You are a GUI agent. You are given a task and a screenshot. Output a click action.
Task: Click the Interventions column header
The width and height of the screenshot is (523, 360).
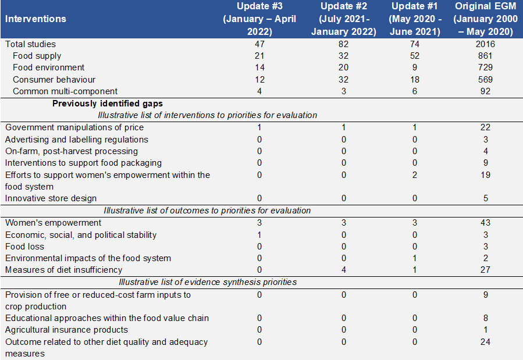coord(35,19)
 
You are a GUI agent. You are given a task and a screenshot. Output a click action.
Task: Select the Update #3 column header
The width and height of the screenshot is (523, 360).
coord(259,19)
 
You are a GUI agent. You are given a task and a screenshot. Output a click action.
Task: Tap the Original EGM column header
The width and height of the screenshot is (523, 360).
coord(485,19)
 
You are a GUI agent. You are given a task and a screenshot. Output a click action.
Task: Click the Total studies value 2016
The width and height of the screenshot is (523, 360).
coord(485,44)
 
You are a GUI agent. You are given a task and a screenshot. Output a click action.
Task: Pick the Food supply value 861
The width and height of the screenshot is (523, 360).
coord(485,56)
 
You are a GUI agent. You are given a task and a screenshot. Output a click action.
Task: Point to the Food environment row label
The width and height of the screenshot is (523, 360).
coord(49,67)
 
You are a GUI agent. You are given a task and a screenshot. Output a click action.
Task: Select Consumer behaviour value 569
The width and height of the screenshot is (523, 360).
coord(485,79)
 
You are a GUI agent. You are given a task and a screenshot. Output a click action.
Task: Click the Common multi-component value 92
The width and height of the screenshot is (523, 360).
coord(485,91)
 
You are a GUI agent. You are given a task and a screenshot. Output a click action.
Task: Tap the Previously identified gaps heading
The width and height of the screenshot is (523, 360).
coord(108,104)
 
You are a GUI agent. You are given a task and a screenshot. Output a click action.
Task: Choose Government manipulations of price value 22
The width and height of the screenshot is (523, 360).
coord(485,127)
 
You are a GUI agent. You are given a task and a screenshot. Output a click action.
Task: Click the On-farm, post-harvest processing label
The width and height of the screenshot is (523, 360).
coord(72,151)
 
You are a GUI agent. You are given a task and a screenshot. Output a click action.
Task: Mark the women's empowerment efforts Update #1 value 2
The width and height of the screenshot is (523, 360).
coord(415,175)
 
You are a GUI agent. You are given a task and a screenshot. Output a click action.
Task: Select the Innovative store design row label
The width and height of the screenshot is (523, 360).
coord(51,198)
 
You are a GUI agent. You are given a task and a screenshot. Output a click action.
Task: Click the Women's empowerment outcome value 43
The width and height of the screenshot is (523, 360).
coord(485,223)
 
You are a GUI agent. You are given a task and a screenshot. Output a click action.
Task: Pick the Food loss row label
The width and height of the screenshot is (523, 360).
coord(24,247)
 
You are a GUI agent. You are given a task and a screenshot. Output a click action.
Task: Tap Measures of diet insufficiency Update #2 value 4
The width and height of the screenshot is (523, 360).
coord(344,270)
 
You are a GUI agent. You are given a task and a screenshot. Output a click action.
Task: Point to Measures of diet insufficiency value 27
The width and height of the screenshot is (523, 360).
coord(485,270)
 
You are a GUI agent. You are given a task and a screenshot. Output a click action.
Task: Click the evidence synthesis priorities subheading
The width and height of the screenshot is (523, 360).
coord(208,282)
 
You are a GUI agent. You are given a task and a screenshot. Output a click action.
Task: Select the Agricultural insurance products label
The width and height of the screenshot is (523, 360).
coord(66,330)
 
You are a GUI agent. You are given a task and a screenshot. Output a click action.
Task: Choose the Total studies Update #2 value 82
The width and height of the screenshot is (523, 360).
coord(344,44)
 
